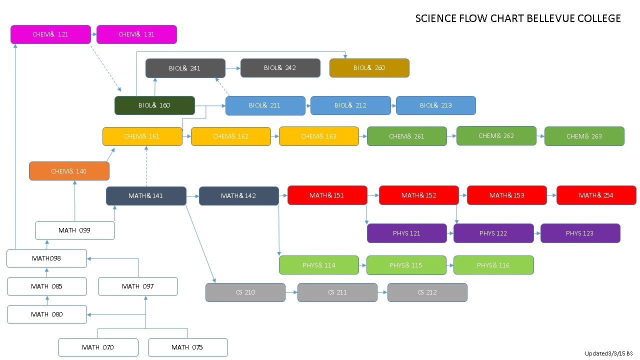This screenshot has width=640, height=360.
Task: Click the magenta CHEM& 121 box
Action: click(x=50, y=34)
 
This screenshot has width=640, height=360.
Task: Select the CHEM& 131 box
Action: click(x=136, y=34)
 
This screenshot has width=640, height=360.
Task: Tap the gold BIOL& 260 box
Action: click(x=369, y=68)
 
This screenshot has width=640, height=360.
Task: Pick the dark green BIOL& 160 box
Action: click(x=154, y=105)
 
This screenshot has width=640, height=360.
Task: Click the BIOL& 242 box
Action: click(x=280, y=68)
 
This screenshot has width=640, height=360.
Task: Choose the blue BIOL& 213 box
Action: click(x=435, y=105)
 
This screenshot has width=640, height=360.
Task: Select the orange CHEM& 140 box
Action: click(x=69, y=171)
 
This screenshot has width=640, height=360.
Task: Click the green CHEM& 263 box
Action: click(x=584, y=136)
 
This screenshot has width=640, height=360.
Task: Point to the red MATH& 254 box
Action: click(x=596, y=195)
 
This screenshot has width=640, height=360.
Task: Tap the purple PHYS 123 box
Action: click(x=580, y=233)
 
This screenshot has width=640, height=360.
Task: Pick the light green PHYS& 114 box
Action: click(x=319, y=265)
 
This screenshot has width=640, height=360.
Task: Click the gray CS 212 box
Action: click(x=427, y=292)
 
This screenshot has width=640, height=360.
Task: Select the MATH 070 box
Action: click(x=98, y=347)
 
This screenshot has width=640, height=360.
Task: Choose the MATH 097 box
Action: click(x=137, y=286)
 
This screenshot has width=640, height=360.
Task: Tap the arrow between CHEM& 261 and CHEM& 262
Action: click(x=451, y=136)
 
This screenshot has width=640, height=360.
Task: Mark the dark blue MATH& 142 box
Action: click(x=238, y=195)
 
